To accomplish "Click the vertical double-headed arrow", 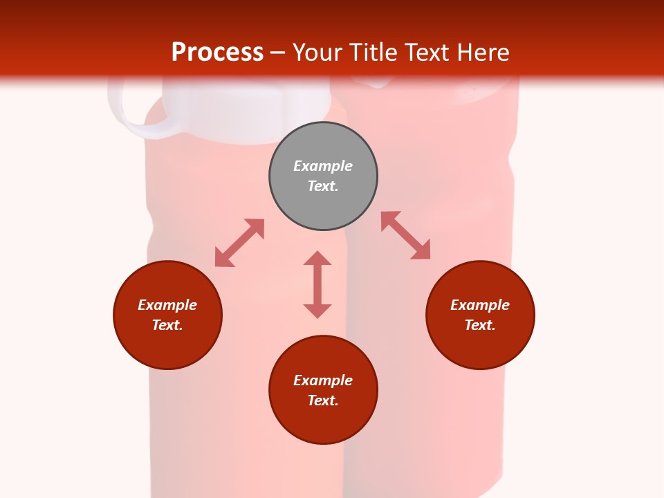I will pos(317,285).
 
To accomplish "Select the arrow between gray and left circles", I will pos(239,243).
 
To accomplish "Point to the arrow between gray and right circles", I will pos(406,235).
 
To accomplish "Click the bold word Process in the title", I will pos(217,52).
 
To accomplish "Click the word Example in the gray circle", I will pos(323,166).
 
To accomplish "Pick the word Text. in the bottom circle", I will pos(323,400).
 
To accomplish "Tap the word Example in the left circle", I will pos(167,305).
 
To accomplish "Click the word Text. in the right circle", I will pos(480,325).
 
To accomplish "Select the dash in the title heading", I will pos(277,53).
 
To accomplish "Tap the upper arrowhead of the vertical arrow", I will pos(317,259).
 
